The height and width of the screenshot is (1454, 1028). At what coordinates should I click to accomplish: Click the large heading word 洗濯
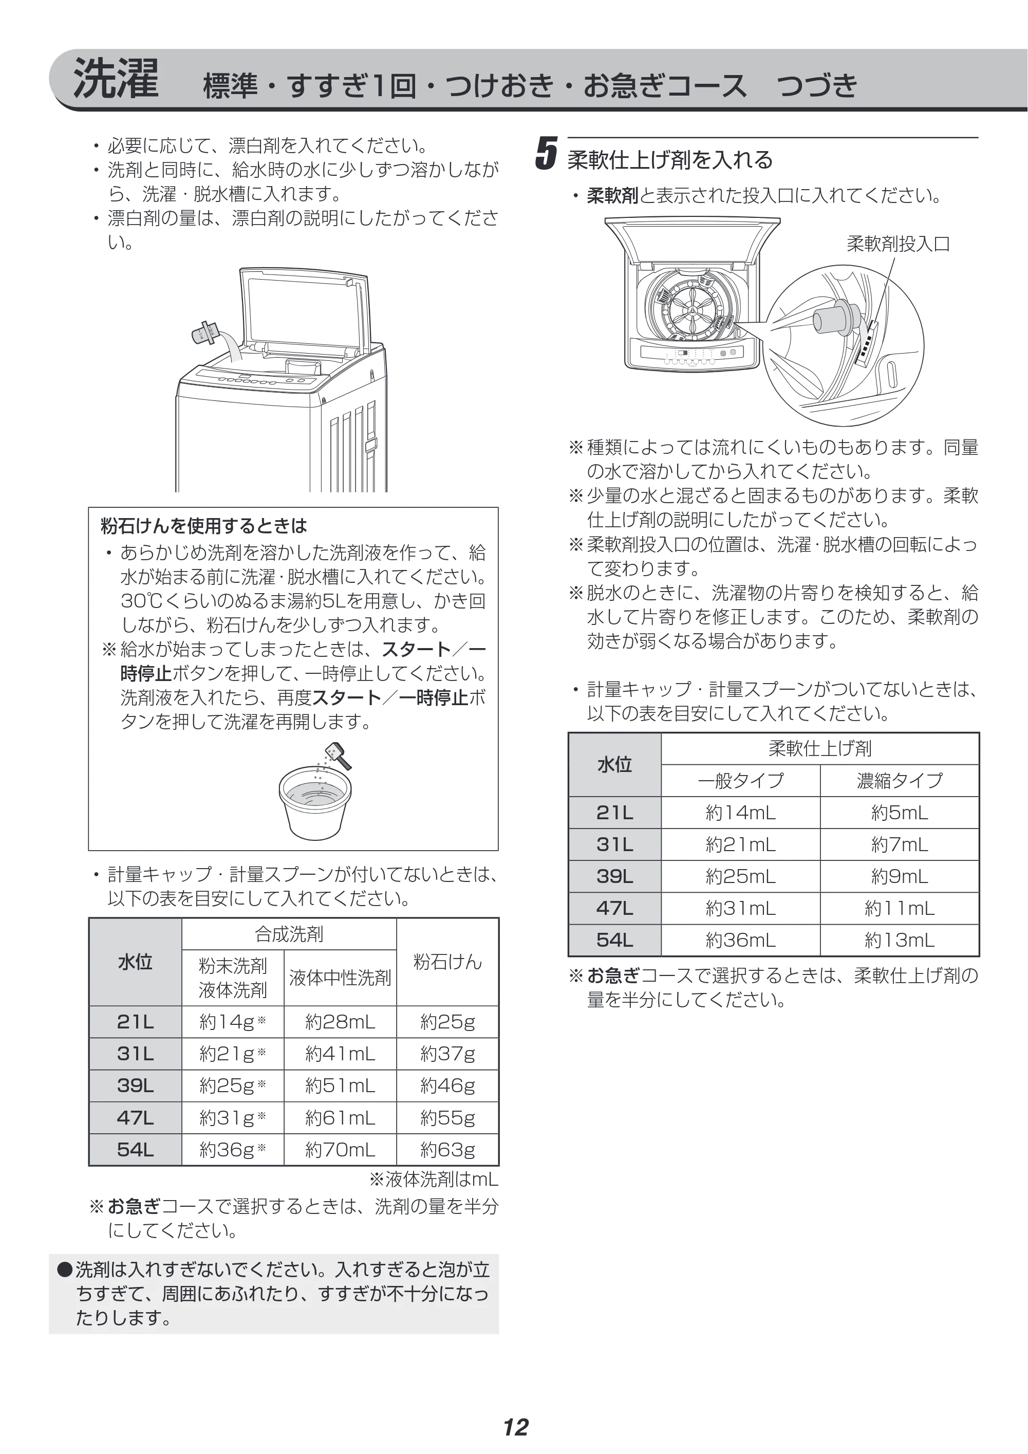(116, 79)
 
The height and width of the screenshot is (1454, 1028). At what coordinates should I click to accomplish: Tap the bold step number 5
(546, 153)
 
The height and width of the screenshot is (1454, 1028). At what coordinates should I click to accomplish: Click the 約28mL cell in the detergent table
(340, 1021)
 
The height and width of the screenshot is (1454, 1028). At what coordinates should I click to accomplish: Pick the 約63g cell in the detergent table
(447, 1149)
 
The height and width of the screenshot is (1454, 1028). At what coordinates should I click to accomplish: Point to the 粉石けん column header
(447, 962)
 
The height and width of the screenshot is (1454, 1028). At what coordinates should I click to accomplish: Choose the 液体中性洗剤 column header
(340, 978)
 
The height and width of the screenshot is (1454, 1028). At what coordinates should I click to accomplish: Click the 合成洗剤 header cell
(289, 934)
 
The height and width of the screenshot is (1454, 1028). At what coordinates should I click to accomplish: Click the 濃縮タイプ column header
(900, 781)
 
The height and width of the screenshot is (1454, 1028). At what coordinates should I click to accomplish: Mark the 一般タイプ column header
(741, 781)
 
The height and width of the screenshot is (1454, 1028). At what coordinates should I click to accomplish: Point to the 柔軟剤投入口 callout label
(898, 244)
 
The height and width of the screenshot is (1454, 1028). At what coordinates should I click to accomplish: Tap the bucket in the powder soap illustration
(314, 803)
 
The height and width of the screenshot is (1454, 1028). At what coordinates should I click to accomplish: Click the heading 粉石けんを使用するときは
(204, 526)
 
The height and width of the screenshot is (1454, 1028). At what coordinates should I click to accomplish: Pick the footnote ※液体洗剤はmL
(434, 1179)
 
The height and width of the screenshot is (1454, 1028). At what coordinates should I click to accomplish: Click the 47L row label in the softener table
(614, 909)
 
